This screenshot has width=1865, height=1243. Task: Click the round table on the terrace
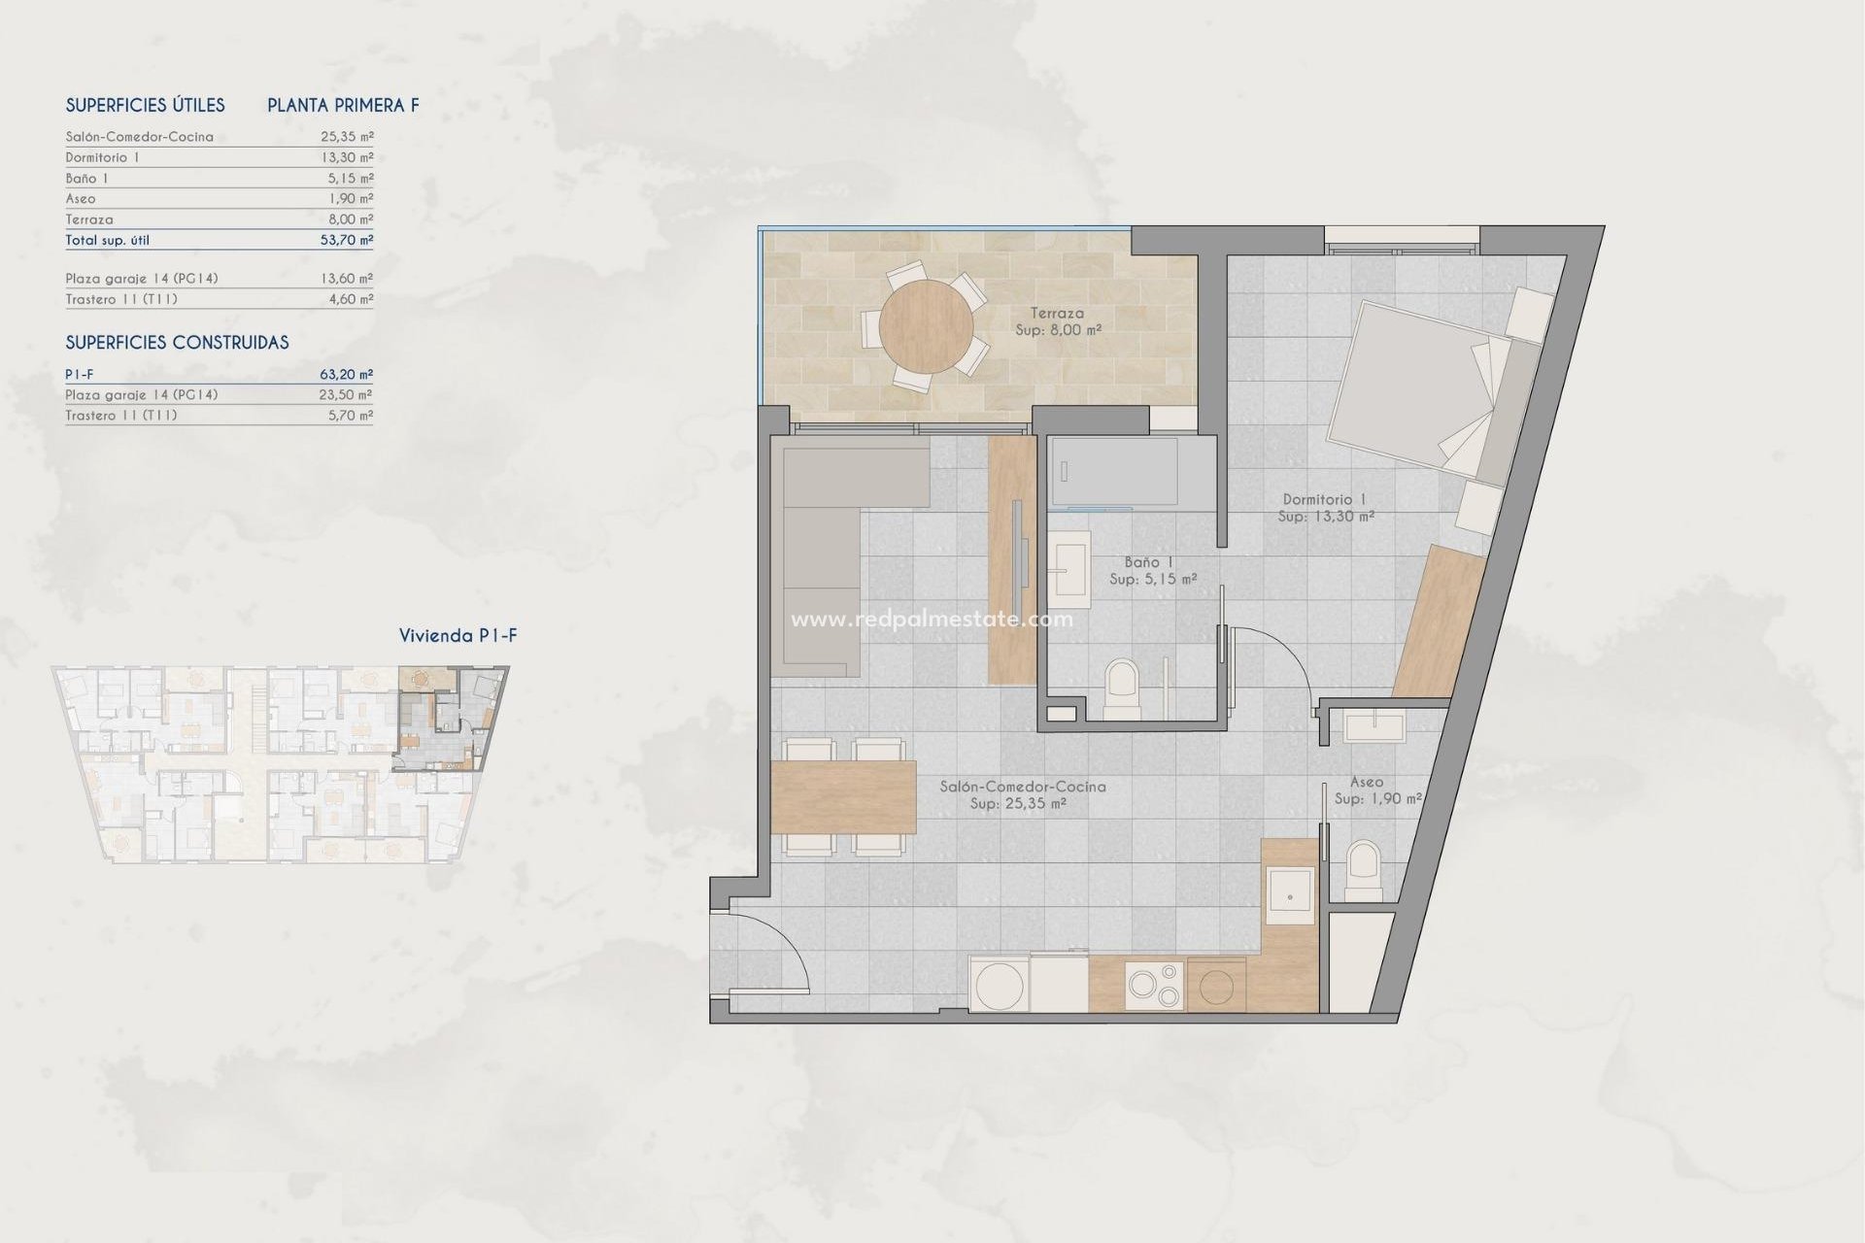(926, 326)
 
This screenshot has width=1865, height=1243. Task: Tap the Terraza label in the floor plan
(1057, 314)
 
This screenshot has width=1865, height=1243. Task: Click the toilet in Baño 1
(1122, 686)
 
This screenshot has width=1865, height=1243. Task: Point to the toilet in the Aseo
(1364, 866)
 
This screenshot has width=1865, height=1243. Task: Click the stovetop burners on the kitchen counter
(1154, 985)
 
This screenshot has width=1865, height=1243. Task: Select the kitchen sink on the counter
(1291, 895)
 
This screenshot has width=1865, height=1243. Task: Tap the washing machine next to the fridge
(1000, 985)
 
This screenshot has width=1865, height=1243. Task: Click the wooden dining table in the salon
(843, 797)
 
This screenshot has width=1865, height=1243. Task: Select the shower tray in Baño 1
(1113, 472)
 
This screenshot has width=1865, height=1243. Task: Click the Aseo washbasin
(1374, 726)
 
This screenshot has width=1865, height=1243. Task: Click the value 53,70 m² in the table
(347, 240)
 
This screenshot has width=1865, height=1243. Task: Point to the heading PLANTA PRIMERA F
(343, 106)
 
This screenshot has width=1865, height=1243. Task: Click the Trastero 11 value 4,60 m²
(351, 299)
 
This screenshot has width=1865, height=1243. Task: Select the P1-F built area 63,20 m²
(347, 374)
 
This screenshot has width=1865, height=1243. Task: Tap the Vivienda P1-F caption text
(458, 636)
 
